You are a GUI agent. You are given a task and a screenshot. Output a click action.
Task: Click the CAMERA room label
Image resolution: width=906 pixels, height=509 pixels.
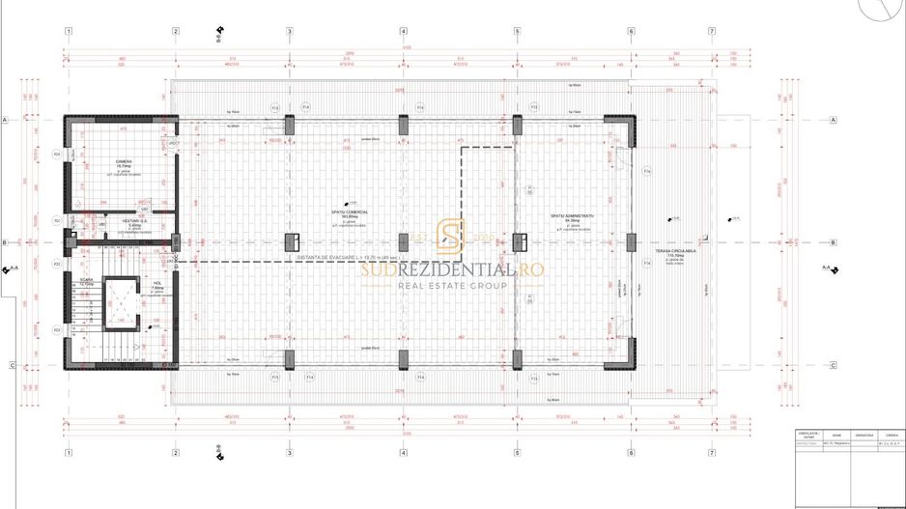click(x=124, y=161)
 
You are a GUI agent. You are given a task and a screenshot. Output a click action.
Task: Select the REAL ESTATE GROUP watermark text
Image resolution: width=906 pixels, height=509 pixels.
click(x=453, y=287)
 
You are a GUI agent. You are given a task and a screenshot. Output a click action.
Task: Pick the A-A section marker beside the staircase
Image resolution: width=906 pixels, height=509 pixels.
click(x=13, y=269)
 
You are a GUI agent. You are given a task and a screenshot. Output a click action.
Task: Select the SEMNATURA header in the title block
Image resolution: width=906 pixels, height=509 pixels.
click(x=864, y=436)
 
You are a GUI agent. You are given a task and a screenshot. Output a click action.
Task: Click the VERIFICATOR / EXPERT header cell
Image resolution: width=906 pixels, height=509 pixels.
click(x=808, y=436)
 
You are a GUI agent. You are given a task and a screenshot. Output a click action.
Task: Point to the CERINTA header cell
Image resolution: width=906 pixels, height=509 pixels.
click(x=892, y=436)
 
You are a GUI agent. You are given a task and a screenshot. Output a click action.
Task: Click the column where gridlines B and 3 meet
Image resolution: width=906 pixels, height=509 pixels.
click(x=289, y=241)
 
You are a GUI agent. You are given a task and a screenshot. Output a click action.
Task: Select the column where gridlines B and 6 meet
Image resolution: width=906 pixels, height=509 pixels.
click(x=632, y=241)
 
